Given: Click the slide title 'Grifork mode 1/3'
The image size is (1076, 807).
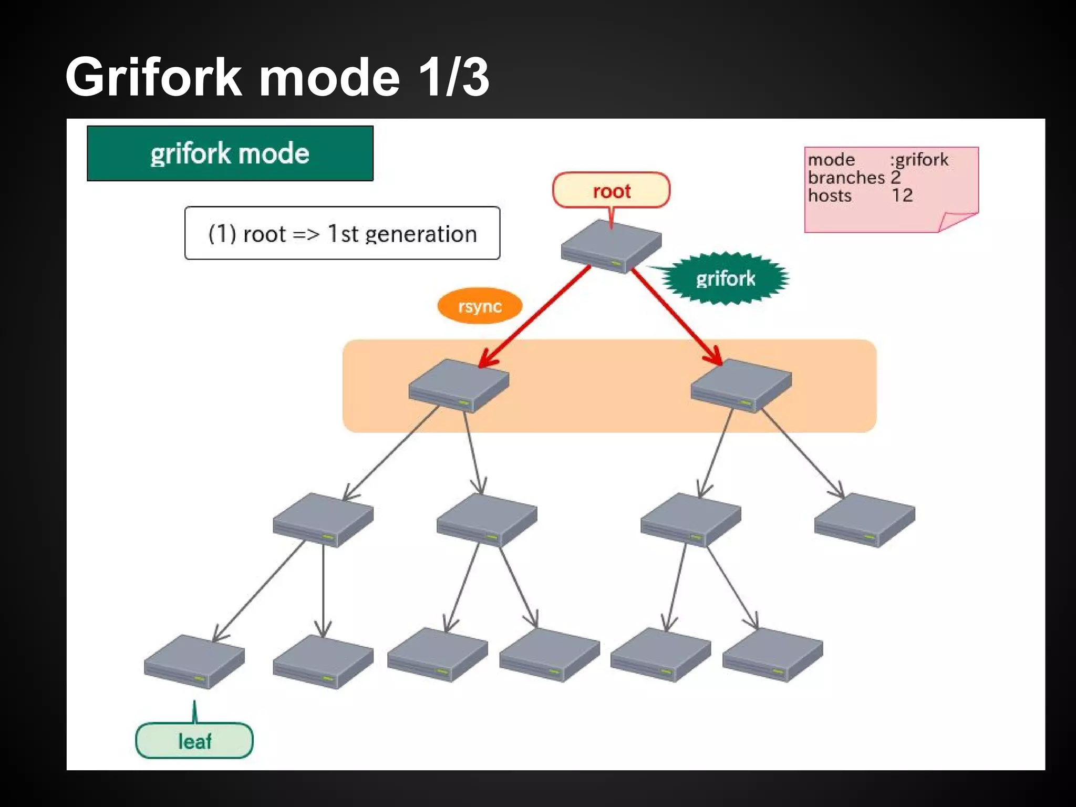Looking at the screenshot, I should (277, 77).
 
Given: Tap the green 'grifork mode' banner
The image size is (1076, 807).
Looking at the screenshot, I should (230, 153).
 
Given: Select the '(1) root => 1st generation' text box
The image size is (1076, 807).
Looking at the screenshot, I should (342, 233).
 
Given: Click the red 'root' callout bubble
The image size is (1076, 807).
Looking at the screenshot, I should (611, 191).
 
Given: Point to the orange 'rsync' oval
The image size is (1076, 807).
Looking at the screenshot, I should (480, 306).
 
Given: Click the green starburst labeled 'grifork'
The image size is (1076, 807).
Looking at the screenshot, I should (725, 278).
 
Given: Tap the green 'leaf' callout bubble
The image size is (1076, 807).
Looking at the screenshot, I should (194, 741).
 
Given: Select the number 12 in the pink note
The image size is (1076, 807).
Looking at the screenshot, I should (902, 195).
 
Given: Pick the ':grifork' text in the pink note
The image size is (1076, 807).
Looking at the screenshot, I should (919, 159).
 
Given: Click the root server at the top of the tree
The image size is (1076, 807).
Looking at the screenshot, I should (611, 246).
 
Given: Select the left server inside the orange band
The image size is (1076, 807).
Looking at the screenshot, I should (459, 386).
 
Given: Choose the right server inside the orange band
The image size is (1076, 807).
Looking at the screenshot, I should (741, 386).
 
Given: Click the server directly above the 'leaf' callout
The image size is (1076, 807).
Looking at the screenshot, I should (194, 661).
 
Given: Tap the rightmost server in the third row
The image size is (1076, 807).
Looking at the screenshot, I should (864, 520).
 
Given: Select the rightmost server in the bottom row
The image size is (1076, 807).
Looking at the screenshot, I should (772, 655).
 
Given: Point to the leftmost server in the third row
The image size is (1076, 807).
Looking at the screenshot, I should (323, 520).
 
